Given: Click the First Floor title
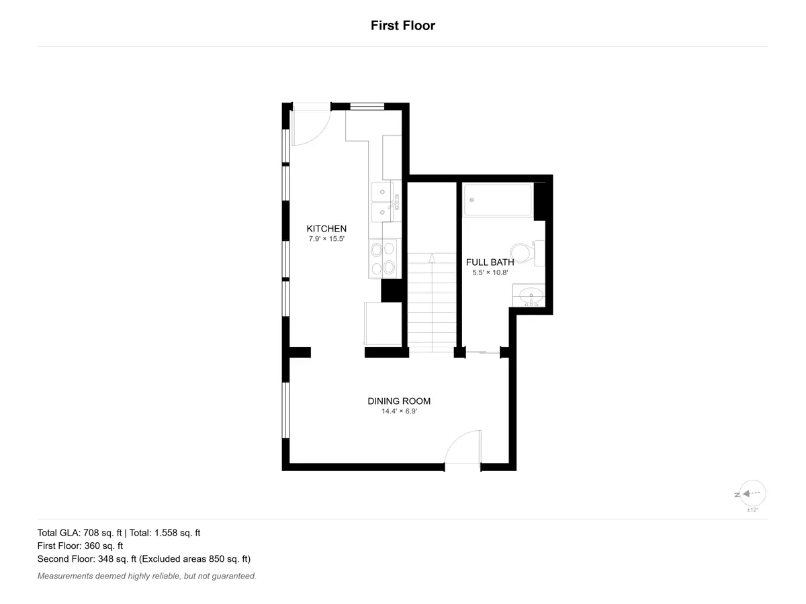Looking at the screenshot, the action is (403, 26).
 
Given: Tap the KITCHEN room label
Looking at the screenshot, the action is (326, 228).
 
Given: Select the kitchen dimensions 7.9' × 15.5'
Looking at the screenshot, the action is (326, 239).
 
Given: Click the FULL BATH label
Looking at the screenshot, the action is (490, 262).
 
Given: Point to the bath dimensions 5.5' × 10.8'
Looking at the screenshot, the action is (490, 272).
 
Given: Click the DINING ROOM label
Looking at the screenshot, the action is (399, 401).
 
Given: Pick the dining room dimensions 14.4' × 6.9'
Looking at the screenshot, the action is (399, 411).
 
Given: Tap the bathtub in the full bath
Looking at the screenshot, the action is (498, 200).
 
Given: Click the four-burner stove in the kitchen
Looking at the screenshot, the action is (383, 258).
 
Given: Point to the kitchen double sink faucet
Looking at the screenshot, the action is (395, 202).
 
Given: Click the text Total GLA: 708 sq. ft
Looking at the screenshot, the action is (79, 533).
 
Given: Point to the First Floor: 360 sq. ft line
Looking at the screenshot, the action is (80, 546).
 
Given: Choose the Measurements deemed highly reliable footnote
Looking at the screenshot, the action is (147, 576).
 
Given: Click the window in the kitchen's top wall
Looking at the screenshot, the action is (367, 106).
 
